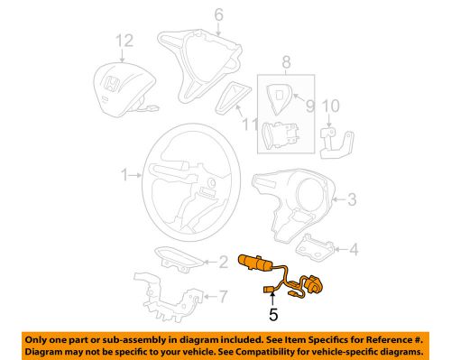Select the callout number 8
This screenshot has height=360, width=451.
[286, 64]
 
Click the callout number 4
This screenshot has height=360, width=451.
[354, 248]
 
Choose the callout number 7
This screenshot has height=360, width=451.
[223, 295]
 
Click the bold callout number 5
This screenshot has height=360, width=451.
[272, 317]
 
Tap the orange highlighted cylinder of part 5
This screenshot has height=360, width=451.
[256, 263]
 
